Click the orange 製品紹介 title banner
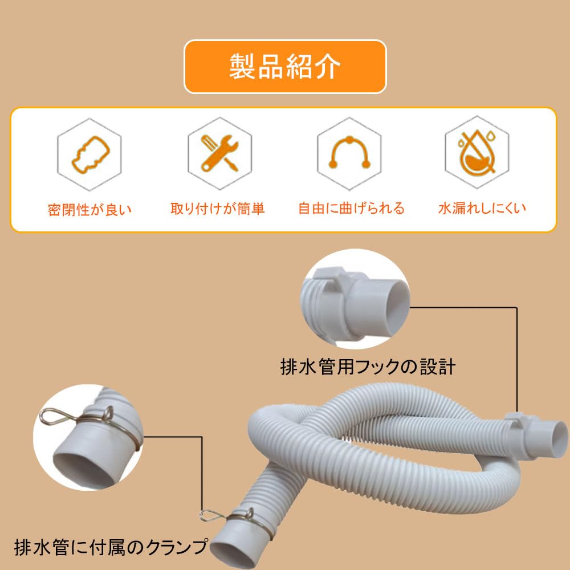pyautogui.click(x=285, y=67)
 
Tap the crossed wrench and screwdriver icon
pyautogui.click(x=220, y=153)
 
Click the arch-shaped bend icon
pyautogui.click(x=349, y=153)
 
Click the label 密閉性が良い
pyautogui.click(x=89, y=209)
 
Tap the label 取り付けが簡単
pyautogui.click(x=217, y=209)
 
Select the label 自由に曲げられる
pyautogui.click(x=351, y=208)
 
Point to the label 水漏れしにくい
pyautogui.click(x=482, y=208)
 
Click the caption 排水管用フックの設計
pyautogui.click(x=368, y=367)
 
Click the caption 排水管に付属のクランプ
pyautogui.click(x=111, y=547)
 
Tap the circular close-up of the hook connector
pyautogui.click(x=355, y=299)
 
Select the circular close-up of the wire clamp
pyautogui.click(x=88, y=437)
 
